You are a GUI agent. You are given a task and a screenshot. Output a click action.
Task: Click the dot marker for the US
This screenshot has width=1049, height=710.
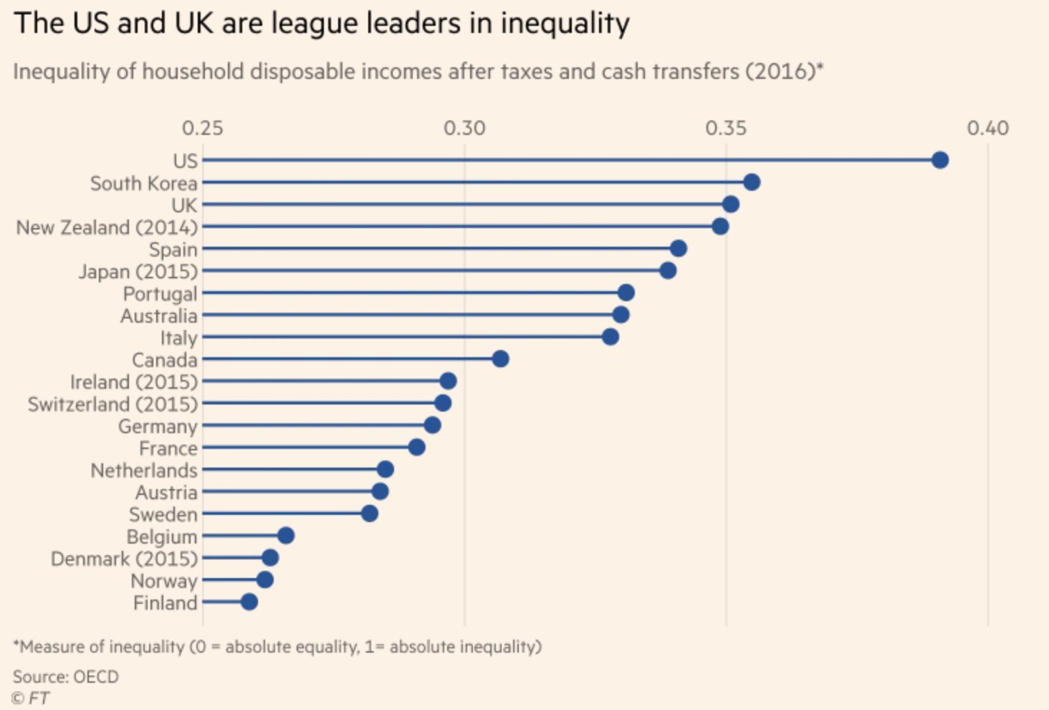coord(940,160)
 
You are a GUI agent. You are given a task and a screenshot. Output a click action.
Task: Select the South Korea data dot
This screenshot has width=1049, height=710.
coord(752,182)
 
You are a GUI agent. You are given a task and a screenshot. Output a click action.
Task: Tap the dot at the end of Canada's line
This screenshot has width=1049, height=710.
coord(500,359)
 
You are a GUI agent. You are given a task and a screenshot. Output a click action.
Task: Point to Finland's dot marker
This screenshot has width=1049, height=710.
coord(249,602)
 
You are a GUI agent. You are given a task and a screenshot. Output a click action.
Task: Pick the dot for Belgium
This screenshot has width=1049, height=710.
coord(286,536)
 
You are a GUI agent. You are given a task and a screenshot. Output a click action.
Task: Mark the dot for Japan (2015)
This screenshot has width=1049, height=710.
coord(668,270)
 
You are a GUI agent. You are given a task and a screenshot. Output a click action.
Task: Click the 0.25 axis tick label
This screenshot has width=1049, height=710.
coord(202,128)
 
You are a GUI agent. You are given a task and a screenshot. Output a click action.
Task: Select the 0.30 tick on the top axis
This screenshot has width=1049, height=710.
coord(464,128)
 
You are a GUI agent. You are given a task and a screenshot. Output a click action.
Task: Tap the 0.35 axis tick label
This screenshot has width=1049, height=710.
coord(726,128)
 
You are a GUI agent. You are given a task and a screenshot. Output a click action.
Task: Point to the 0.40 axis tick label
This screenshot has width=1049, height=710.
coord(987,128)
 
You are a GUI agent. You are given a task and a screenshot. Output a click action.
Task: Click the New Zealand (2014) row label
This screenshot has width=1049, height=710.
coord(107,227)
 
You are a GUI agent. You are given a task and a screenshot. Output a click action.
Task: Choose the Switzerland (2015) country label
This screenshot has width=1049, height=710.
coord(112,404)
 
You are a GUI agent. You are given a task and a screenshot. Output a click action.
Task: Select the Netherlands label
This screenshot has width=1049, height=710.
coord(143,470)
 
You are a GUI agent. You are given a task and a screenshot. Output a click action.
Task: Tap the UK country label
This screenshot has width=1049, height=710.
coord(184,205)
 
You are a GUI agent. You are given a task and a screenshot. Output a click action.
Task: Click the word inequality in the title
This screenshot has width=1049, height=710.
coord(565,24)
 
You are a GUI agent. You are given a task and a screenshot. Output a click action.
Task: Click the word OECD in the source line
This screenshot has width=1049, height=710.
coord(95,676)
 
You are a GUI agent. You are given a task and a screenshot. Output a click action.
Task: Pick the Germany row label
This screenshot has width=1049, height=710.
coord(158,427)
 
